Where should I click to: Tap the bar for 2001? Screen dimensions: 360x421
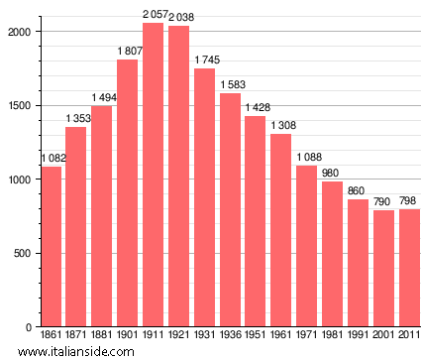point(383,268)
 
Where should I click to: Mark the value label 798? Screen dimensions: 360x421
point(409,201)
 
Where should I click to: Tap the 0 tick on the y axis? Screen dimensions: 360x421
point(31,327)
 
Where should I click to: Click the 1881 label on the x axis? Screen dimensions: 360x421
point(101,336)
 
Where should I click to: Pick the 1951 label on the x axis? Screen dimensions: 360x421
point(256,336)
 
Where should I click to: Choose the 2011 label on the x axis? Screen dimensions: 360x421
point(409,336)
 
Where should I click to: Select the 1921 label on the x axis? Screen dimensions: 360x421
point(178,336)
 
